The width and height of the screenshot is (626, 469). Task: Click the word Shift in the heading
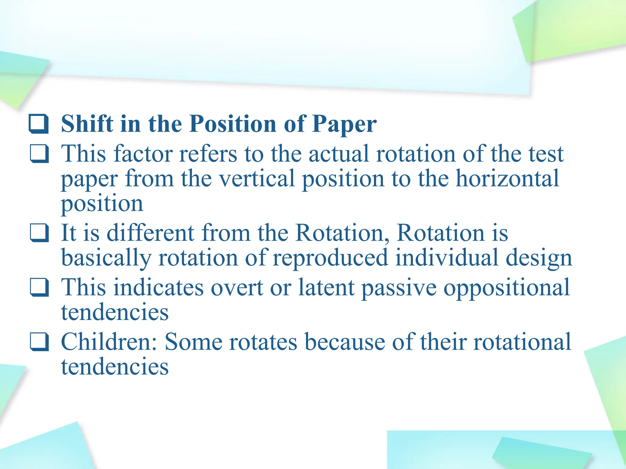87,124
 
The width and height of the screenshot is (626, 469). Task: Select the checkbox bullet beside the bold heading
39,124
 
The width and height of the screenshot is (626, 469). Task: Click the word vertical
257,179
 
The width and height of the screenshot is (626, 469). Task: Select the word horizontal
507,179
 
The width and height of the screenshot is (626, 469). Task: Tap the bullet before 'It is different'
39,233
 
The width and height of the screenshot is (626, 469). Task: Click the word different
150,233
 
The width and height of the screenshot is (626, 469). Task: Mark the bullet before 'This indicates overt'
39,287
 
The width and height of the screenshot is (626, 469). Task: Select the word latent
326,287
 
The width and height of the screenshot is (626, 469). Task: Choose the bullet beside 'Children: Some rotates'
39,342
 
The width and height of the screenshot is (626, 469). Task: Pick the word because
345,342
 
